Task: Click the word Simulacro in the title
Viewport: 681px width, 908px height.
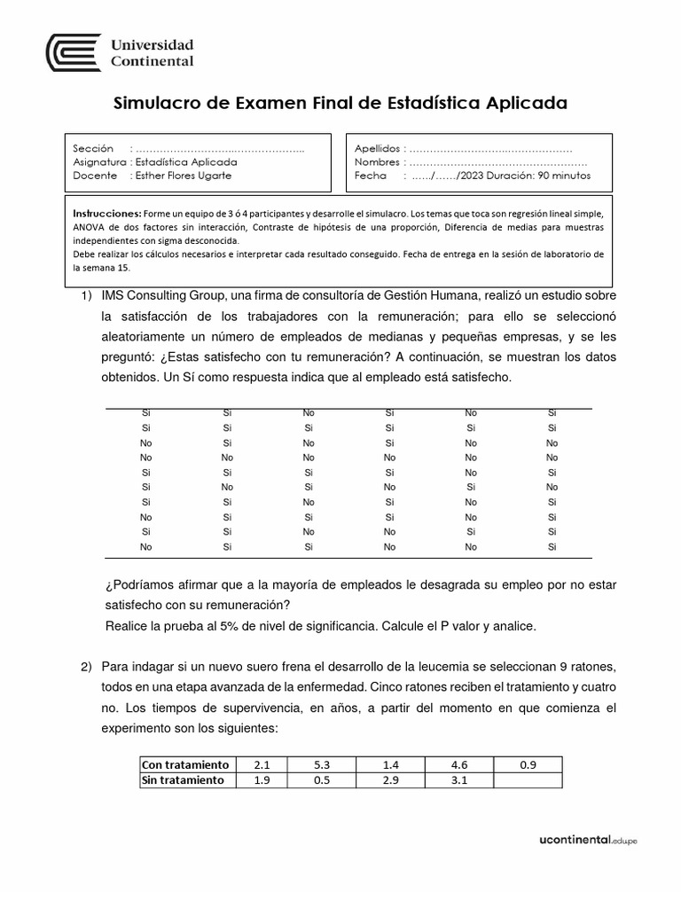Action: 160,104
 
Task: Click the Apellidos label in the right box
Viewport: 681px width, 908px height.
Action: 376,149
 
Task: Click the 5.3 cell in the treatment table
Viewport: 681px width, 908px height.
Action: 320,764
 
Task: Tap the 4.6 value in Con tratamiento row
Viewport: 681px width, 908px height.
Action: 458,764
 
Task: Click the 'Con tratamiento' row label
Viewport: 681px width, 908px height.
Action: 185,764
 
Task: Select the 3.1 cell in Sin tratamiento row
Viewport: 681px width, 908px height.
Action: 458,780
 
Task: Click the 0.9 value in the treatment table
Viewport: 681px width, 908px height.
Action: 528,764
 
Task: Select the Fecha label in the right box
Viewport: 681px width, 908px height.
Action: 371,176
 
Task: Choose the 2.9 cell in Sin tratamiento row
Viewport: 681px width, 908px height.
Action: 389,780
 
